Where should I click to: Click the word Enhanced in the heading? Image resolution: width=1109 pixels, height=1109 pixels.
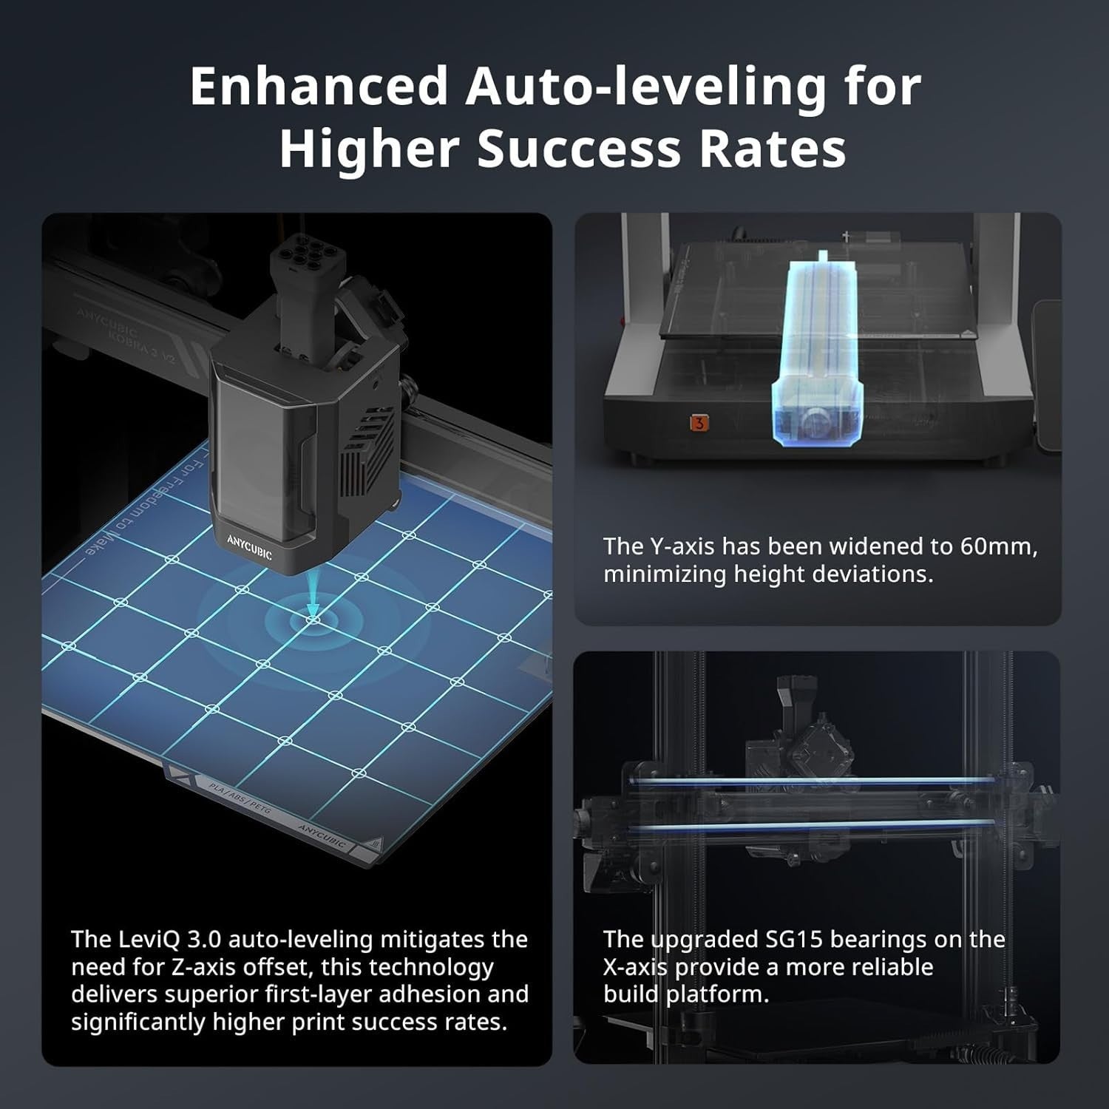[319, 87]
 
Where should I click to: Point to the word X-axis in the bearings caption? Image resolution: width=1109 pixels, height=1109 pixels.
[635, 967]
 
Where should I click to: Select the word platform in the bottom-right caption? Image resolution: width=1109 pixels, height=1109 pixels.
[717, 995]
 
